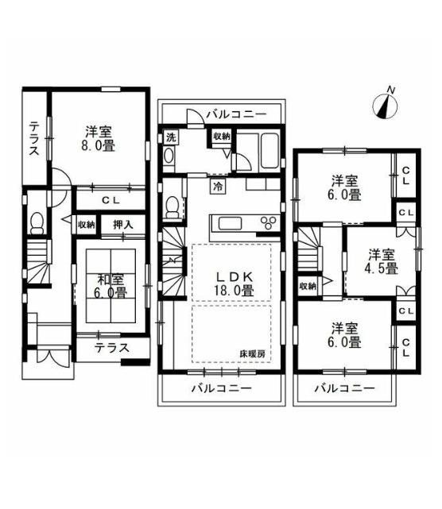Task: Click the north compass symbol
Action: [386, 105]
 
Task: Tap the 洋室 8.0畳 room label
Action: [98, 139]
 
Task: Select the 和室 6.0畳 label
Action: [111, 286]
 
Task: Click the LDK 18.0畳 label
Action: [234, 284]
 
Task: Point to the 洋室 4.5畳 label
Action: [382, 261]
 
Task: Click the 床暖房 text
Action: [253, 354]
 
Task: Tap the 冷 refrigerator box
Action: [218, 187]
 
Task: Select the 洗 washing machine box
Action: [171, 137]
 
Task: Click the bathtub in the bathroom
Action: [269, 151]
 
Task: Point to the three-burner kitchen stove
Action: [268, 223]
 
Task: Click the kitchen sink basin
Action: [230, 224]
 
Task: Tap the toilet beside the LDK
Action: [173, 208]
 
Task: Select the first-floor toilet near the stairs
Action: [37, 223]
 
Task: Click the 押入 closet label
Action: [123, 224]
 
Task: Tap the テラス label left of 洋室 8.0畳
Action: [34, 139]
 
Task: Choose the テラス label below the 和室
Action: [112, 348]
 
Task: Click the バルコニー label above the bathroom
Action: [237, 114]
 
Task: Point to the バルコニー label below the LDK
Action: [221, 388]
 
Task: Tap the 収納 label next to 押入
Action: [86, 224]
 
